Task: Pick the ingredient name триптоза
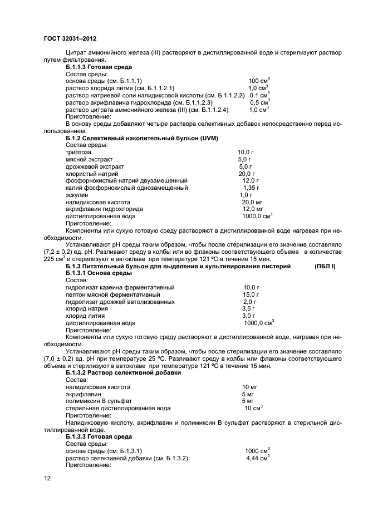pyautogui.click(x=78, y=152)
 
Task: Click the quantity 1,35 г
pyautogui.click(x=251, y=188)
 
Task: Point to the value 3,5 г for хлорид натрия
pyautogui.click(x=248, y=308)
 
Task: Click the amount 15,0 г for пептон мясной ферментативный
pyautogui.click(x=251, y=294)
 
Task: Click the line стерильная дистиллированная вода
pyautogui.click(x=117, y=407)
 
